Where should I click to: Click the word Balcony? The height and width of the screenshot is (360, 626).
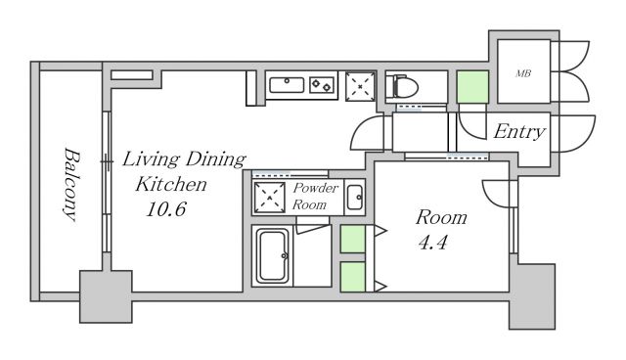coord(71,184)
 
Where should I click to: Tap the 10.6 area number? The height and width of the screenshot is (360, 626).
coord(166,208)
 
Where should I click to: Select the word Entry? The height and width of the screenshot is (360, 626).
coord(519,132)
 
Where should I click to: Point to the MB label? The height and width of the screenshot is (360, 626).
coord(523,73)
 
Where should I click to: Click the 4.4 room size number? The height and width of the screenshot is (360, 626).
coord(432,243)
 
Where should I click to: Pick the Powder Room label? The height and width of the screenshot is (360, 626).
coord(315,197)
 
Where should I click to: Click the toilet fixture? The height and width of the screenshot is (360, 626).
coord(402,85)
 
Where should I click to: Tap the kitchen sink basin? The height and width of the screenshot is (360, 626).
coord(287,85)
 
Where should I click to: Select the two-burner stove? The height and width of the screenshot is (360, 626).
coord(322,85)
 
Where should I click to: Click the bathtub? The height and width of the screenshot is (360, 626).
coord(273,256)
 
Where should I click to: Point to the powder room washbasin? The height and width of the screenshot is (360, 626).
coord(354,198)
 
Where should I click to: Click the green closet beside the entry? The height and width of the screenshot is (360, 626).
coord(472,87)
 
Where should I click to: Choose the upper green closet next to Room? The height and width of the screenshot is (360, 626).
coord(352,239)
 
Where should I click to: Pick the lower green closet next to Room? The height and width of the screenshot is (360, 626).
coord(352,277)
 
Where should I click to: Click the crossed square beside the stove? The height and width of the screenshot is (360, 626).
coord(360,86)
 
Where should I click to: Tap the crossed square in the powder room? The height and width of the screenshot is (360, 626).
coord(270,198)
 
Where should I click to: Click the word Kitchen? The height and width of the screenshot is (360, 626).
coord(171,184)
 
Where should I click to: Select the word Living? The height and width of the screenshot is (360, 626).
coord(151,159)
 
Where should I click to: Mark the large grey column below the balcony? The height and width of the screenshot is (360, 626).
coord(106,296)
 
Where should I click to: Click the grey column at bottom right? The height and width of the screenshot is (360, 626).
coord(532,296)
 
